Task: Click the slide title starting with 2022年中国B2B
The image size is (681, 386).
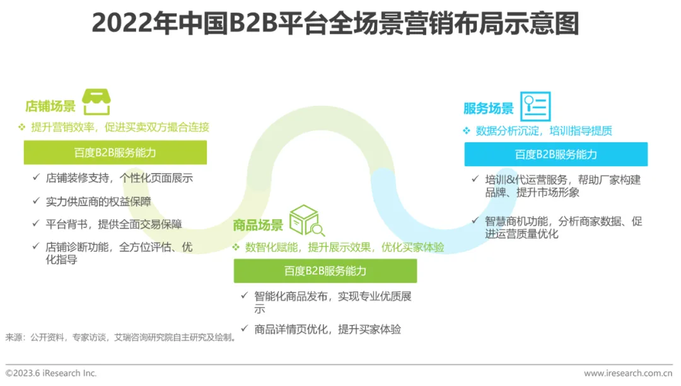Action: (335, 24)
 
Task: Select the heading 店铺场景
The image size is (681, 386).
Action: (50, 106)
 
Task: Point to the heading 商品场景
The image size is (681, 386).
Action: (258, 225)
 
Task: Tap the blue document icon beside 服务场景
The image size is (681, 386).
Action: (535, 106)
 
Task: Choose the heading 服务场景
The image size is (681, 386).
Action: (488, 108)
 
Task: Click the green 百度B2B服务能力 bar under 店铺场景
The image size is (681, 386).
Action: (115, 153)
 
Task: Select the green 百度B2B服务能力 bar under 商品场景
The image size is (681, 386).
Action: (325, 271)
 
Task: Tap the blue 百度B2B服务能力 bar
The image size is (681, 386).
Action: (556, 154)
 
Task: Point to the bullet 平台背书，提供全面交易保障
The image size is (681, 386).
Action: (113, 224)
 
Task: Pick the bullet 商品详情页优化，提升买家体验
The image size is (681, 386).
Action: (327, 329)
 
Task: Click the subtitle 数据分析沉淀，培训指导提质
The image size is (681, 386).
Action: (544, 131)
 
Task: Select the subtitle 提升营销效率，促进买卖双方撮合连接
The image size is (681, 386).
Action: (120, 127)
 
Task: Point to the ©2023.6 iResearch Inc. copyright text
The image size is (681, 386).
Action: (52, 373)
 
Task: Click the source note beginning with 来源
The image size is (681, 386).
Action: (121, 338)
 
